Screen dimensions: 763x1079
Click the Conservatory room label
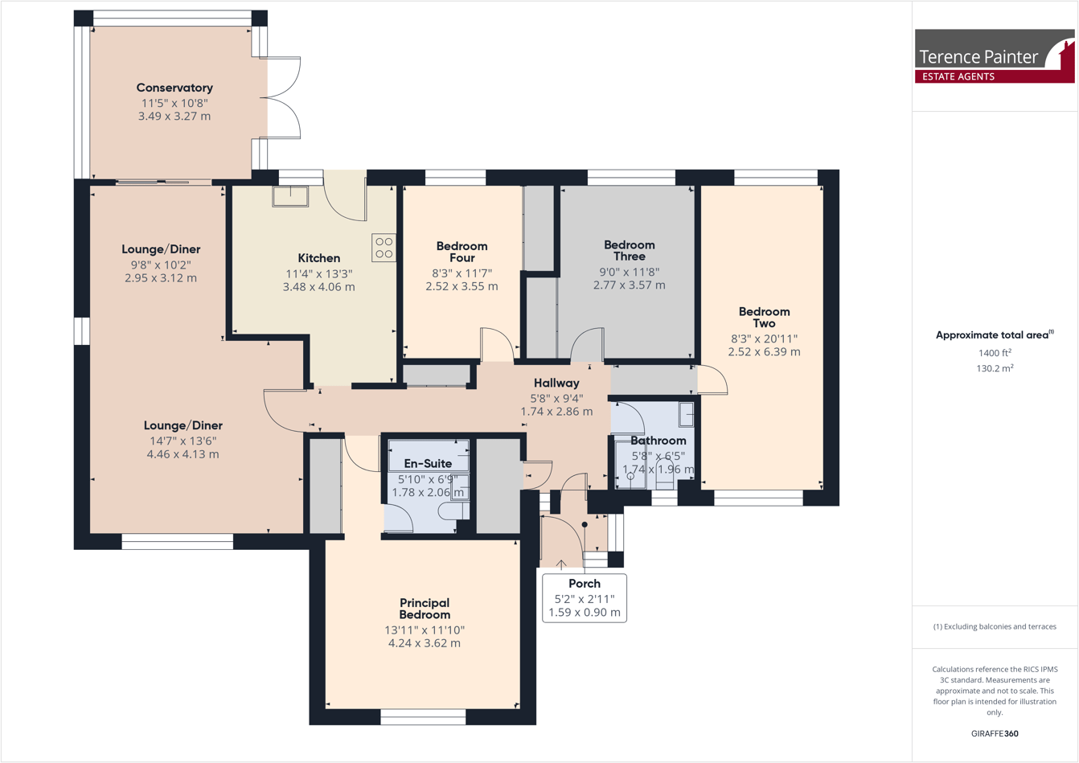click(x=174, y=88)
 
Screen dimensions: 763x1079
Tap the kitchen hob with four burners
click(x=384, y=248)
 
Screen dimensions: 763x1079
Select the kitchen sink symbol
click(x=289, y=196)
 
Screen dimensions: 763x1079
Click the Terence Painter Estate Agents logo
click(x=994, y=56)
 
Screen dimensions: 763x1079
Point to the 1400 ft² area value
click(x=995, y=353)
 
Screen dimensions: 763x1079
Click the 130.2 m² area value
click(x=995, y=368)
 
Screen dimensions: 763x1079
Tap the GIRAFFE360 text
click(x=995, y=733)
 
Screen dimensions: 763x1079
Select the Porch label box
click(x=585, y=598)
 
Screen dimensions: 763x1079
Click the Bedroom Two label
click(x=764, y=317)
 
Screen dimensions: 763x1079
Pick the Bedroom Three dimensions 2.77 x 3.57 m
click(x=629, y=285)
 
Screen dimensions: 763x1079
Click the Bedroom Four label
click(x=462, y=252)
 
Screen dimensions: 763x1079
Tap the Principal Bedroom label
click(x=425, y=609)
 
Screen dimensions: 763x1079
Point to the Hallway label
click(x=556, y=383)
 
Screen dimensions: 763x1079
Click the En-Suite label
click(x=428, y=463)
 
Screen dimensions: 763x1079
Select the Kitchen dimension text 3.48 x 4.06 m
click(x=318, y=286)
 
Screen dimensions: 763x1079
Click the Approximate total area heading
click(x=994, y=335)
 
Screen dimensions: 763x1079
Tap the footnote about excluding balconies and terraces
click(x=995, y=626)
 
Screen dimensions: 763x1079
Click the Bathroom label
click(x=658, y=441)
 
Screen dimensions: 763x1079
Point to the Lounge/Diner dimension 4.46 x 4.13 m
click(x=183, y=454)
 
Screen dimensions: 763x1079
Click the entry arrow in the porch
click(x=561, y=565)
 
